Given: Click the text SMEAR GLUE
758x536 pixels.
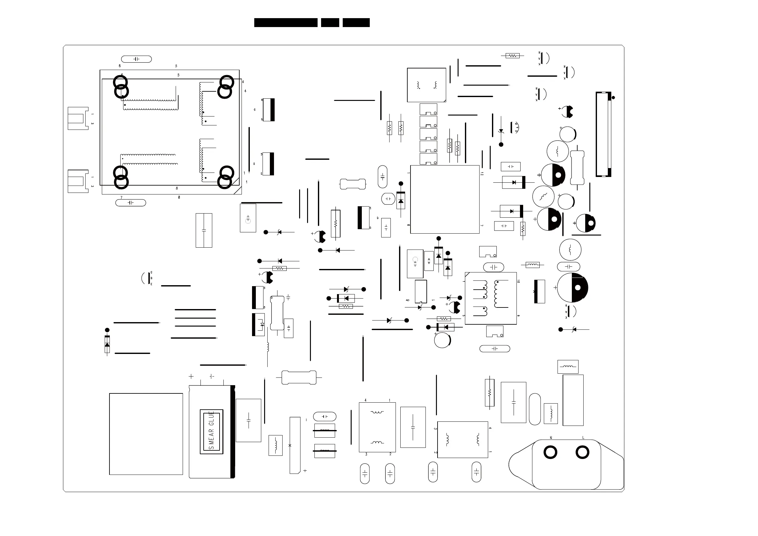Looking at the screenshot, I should click(212, 431).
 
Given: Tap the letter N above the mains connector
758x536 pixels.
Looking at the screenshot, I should click(551, 438).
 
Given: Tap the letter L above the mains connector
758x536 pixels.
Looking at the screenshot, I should click(583, 438).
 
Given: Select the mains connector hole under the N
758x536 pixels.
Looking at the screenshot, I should click(550, 452).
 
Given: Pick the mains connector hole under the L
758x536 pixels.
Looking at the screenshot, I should click(582, 452).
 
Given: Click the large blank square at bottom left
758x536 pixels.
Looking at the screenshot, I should click(146, 434).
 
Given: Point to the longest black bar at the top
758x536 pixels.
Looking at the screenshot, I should click(285, 23).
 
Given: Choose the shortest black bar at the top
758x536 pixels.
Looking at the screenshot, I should click(330, 23).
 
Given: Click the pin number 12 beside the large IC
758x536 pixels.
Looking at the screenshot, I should click(482, 174).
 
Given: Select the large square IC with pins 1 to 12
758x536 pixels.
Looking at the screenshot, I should click(445, 200).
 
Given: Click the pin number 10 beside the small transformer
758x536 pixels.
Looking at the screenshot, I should click(518, 281).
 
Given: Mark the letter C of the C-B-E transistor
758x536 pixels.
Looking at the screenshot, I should click(151, 272).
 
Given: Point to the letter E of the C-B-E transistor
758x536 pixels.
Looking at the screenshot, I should click(151, 284).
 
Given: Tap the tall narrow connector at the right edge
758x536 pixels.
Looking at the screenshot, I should click(603, 134).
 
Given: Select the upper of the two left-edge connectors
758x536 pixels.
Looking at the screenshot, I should click(78, 118).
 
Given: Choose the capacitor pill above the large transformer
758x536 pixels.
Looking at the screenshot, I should click(136, 59).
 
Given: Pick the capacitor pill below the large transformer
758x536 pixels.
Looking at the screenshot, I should click(131, 202).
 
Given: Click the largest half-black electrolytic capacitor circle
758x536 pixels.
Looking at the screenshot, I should click(572, 288).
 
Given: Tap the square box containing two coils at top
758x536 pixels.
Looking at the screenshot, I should click(426, 85).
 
